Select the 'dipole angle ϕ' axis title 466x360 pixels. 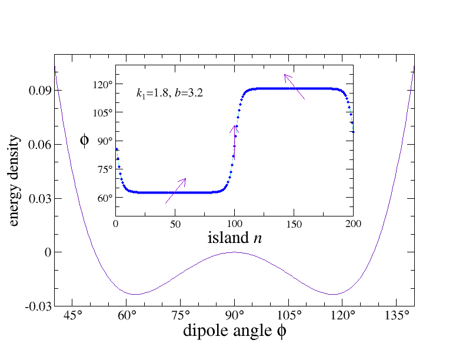tap(234, 332)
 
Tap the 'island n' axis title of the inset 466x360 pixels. tap(235, 238)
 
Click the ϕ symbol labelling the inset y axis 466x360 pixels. tap(84, 140)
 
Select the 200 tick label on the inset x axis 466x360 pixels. tap(353, 224)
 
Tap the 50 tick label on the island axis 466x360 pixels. tap(175, 224)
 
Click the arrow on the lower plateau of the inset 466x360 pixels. tap(176, 191)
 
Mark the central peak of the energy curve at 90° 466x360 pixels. tap(234, 252)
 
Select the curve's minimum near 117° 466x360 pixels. tap(333, 294)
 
